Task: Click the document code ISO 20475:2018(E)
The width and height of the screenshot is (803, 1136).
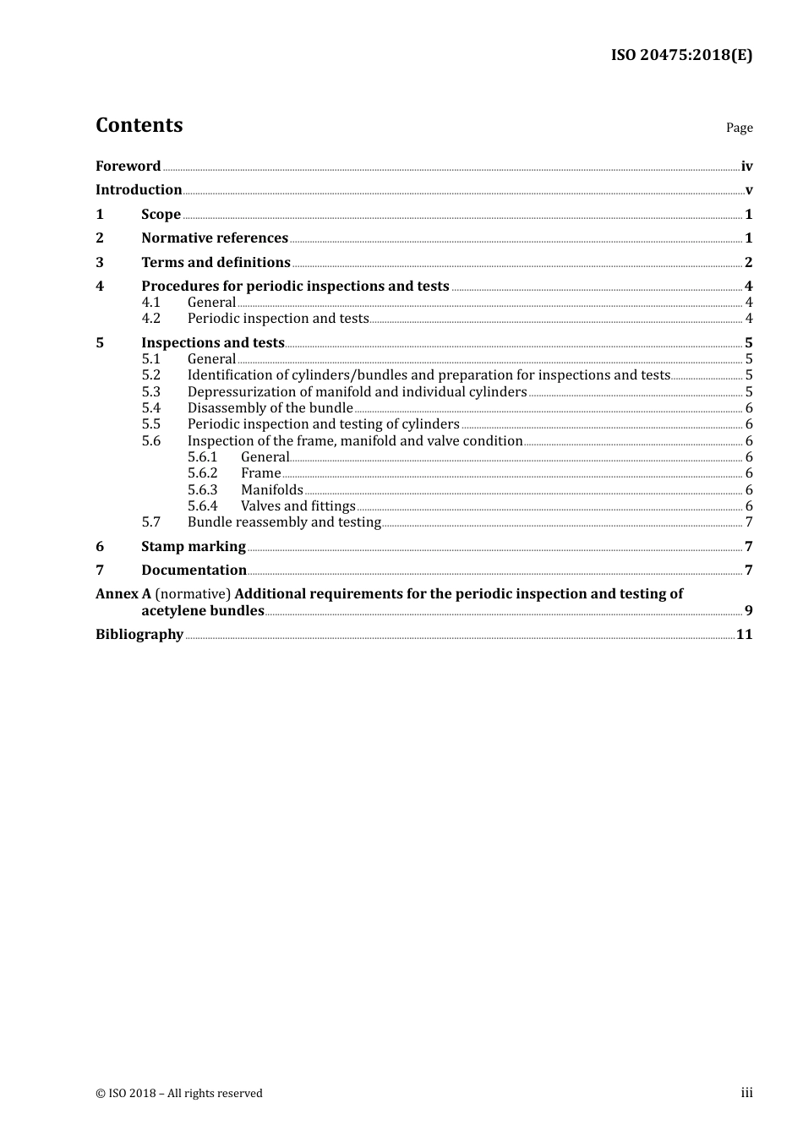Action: (x=681, y=55)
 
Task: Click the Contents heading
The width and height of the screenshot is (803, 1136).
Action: (x=139, y=125)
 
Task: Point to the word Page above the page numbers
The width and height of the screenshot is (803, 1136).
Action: (x=739, y=128)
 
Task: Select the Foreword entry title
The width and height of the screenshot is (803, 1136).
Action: (x=128, y=167)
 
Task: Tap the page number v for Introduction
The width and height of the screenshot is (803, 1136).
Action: (x=748, y=190)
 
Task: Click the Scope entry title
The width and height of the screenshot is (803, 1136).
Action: (x=161, y=215)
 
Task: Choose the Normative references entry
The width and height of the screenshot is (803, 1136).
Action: (x=215, y=238)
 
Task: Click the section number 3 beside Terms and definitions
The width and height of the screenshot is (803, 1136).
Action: (x=100, y=263)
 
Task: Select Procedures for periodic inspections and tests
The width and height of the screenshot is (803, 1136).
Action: (x=295, y=287)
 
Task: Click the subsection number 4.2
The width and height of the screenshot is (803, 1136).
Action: (x=151, y=319)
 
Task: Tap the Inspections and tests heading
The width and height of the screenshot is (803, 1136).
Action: (x=212, y=343)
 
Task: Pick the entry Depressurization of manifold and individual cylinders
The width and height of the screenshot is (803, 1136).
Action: (x=357, y=392)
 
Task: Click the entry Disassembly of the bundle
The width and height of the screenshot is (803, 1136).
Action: (x=270, y=408)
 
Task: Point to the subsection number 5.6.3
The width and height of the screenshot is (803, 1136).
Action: (x=202, y=490)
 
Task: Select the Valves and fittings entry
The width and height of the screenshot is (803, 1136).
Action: (x=298, y=506)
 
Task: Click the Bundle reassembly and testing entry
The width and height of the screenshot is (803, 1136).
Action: (x=284, y=522)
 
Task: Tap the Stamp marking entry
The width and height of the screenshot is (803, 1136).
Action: (x=194, y=547)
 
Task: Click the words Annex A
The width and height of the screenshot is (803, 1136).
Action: (x=117, y=594)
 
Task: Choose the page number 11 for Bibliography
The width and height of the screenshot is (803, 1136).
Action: (x=744, y=635)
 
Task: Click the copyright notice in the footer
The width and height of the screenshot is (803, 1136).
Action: (x=179, y=1094)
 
